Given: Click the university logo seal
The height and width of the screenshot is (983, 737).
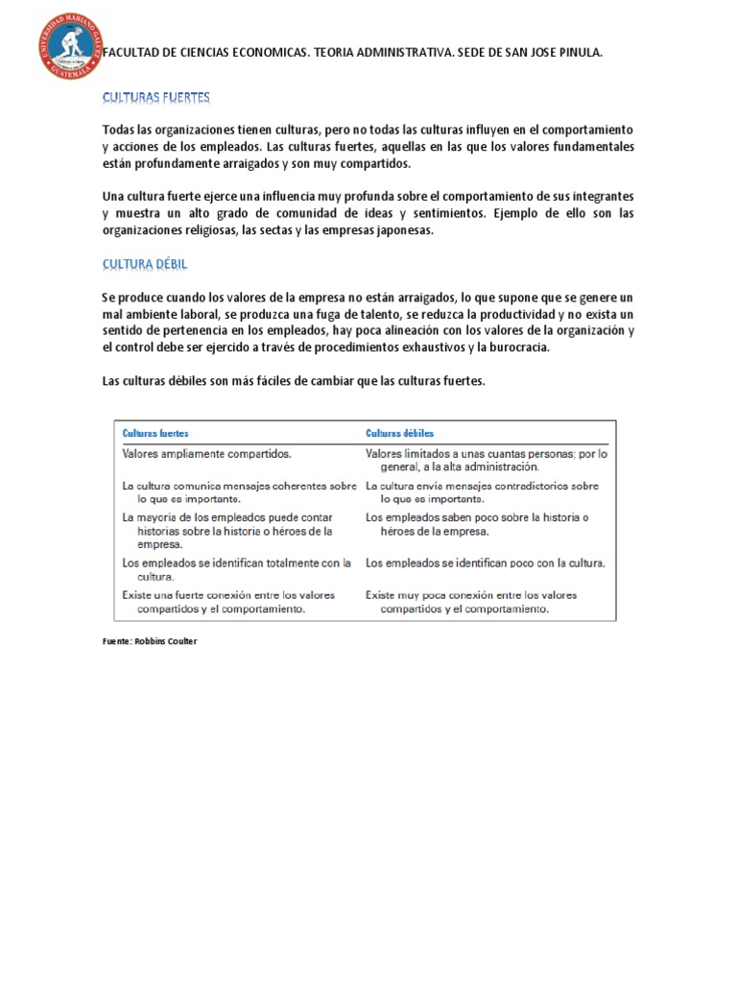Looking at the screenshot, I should point(70,46).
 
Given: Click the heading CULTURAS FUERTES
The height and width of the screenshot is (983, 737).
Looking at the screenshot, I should point(155,98).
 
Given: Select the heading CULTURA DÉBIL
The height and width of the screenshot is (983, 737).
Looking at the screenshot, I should point(152,264).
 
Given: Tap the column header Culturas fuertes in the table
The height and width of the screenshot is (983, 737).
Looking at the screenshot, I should point(155,433).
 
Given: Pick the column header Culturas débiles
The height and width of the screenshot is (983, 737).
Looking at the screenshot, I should point(399,433).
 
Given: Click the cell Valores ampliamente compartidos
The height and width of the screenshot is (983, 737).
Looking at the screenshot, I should point(206,453).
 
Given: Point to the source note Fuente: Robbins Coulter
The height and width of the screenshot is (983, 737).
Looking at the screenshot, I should point(149,641).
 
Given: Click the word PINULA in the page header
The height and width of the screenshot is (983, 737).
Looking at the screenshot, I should point(578,54).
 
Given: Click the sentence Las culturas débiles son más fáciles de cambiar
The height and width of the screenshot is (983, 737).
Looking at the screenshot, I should point(294,381).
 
